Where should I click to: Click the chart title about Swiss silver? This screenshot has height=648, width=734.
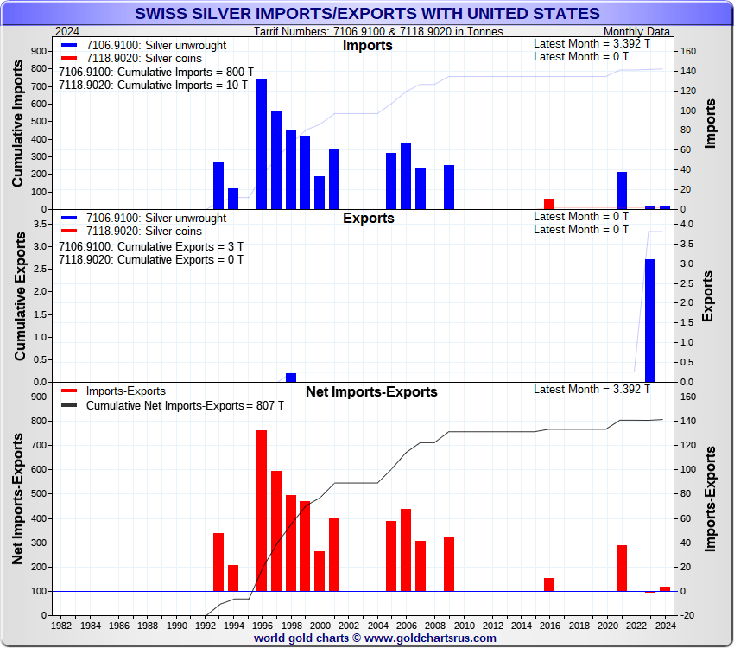click(367, 13)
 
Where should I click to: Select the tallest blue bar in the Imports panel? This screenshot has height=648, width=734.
click(262, 143)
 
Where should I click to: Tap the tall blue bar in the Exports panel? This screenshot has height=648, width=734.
click(650, 321)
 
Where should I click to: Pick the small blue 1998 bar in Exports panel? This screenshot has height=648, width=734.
click(291, 378)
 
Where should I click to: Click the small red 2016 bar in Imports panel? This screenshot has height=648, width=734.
click(549, 204)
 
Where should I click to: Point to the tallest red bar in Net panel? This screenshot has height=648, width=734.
click(262, 510)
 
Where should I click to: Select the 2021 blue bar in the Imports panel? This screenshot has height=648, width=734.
click(622, 190)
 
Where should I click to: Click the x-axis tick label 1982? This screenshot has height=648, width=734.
click(61, 625)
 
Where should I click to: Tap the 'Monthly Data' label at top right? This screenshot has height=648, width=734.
click(636, 31)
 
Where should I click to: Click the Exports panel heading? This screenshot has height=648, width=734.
click(369, 218)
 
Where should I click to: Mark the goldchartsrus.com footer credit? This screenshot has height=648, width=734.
click(375, 638)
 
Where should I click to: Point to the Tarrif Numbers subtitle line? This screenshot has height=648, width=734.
click(379, 31)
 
